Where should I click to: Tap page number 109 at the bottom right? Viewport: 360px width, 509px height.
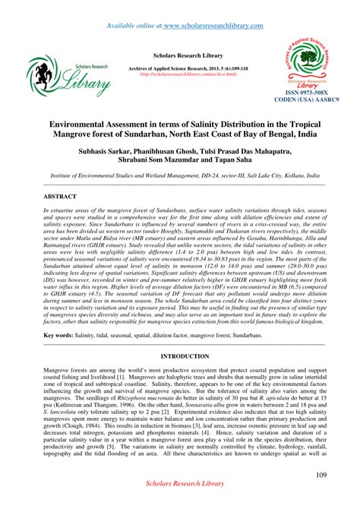pyautogui.click(x=321, y=476)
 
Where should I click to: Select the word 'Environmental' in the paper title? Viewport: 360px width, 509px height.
pyautogui.click(x=84, y=124)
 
